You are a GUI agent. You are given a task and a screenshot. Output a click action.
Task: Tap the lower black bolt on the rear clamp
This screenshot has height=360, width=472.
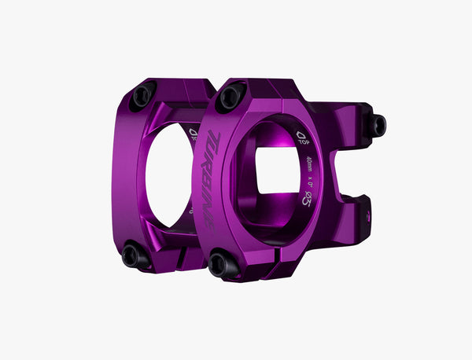[x=131, y=256]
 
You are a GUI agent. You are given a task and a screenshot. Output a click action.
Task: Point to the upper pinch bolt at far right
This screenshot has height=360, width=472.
[x=378, y=124]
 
